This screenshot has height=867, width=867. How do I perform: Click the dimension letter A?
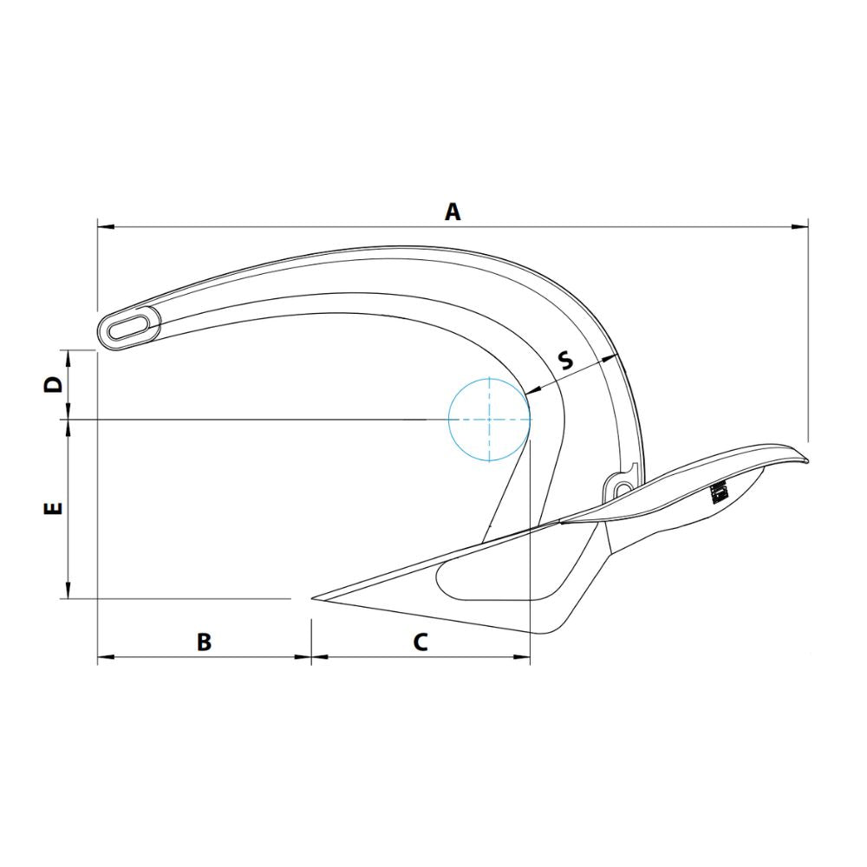452,211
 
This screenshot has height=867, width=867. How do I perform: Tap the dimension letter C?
420,642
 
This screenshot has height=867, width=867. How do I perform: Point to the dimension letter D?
54,385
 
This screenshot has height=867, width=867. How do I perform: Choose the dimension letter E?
54,509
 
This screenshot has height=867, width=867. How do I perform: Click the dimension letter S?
565,360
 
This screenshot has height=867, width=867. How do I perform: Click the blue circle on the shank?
489,420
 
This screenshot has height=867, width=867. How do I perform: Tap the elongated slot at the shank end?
127,328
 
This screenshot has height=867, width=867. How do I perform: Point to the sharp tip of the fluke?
314,598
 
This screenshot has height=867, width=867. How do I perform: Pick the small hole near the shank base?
623,490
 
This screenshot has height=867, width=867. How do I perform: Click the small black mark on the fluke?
717,492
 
